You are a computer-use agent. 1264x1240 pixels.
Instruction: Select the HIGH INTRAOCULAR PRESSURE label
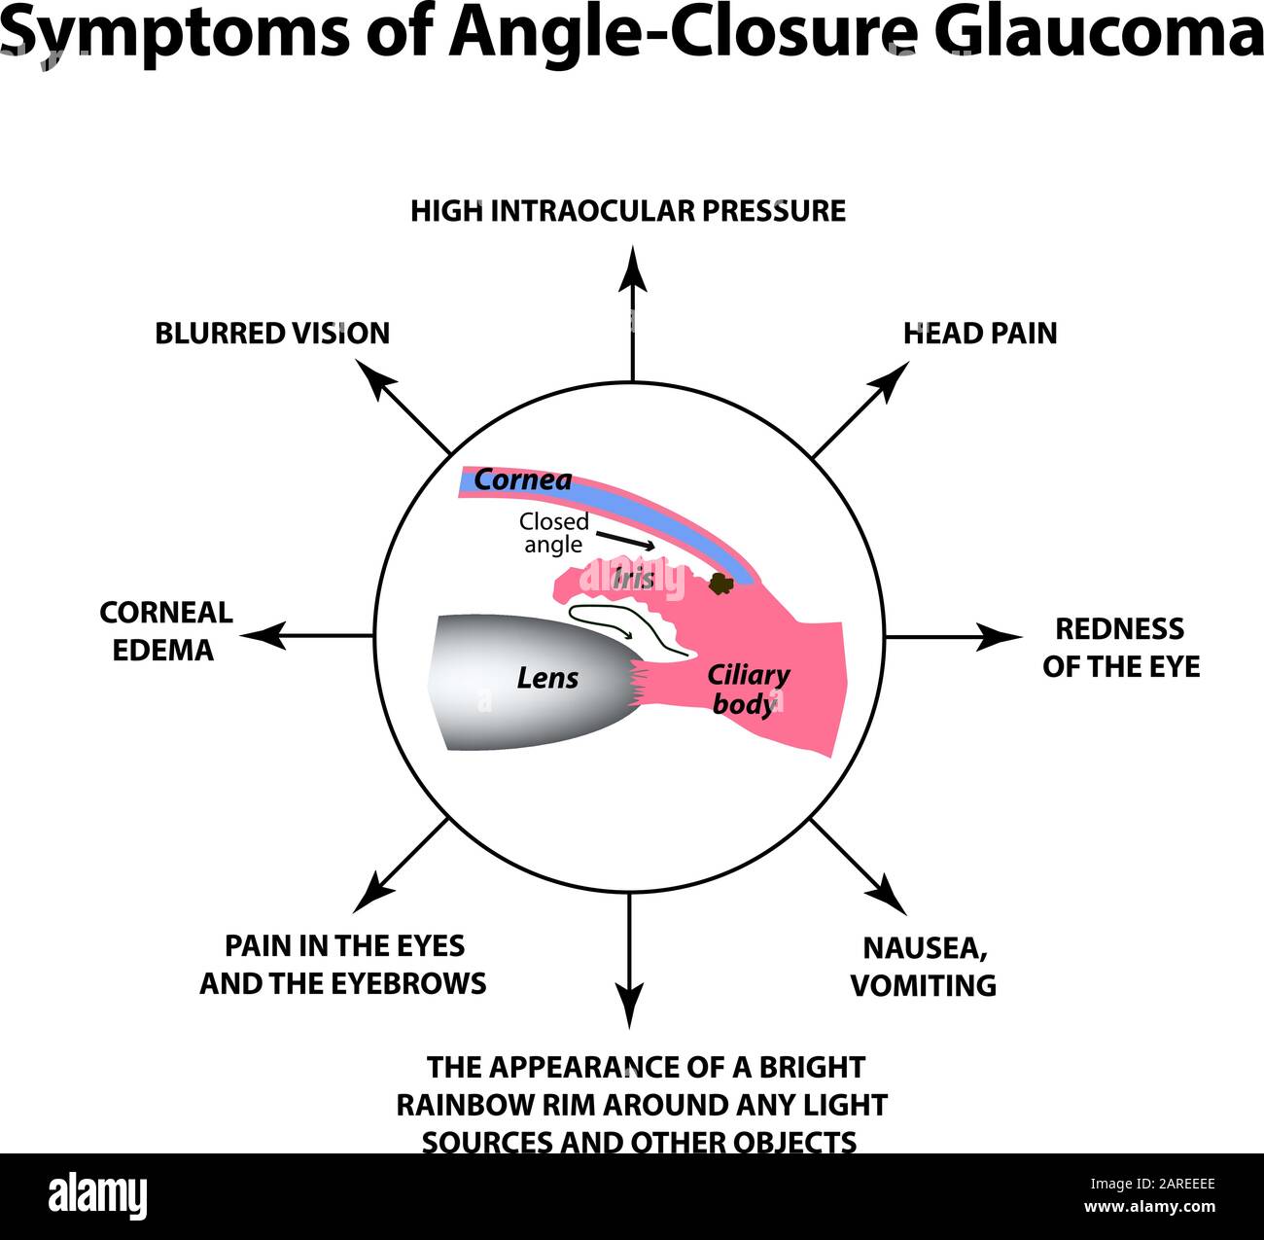tap(628, 211)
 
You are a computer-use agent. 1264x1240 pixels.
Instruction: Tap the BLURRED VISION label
tap(272, 334)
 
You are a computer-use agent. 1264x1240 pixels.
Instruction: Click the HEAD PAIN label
tap(979, 334)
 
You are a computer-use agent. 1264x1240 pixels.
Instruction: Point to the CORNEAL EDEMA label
tap(165, 631)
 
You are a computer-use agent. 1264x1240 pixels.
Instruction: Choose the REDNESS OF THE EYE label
tap(1120, 648)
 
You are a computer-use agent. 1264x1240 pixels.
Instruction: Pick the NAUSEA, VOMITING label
tap(924, 966)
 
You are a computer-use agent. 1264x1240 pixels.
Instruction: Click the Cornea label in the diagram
tap(522, 479)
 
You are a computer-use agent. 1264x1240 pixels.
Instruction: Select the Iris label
tap(633, 579)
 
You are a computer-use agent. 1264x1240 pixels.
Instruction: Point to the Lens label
tap(547, 678)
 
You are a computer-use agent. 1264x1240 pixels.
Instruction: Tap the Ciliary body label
tap(747, 689)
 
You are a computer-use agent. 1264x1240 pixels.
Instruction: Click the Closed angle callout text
tap(553, 533)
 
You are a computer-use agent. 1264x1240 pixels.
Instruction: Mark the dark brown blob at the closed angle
tap(720, 584)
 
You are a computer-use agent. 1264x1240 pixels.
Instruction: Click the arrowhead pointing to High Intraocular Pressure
tap(633, 267)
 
